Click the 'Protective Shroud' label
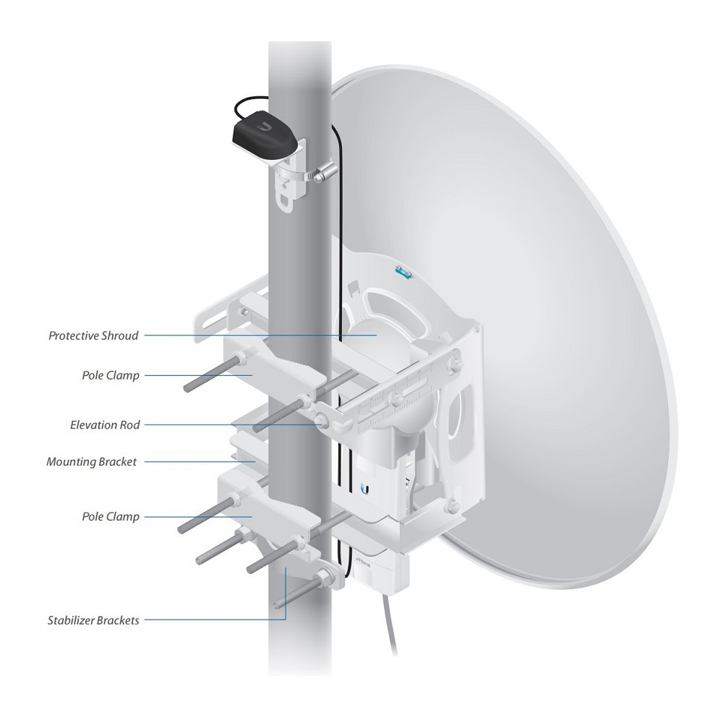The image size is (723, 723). pyautogui.click(x=93, y=335)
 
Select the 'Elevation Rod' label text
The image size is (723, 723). pyautogui.click(x=105, y=424)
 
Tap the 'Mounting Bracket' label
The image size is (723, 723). pyautogui.click(x=92, y=461)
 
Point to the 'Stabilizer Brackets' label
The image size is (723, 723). pyautogui.click(x=93, y=620)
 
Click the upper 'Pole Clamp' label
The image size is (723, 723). pyautogui.click(x=111, y=375)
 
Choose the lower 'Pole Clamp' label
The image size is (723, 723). pyautogui.click(x=111, y=516)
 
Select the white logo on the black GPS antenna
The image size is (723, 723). pyautogui.click(x=266, y=126)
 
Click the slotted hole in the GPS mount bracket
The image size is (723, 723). pyautogui.click(x=286, y=202)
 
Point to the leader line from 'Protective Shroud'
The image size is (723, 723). pyautogui.click(x=260, y=335)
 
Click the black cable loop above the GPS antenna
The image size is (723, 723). pyautogui.click(x=252, y=106)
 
